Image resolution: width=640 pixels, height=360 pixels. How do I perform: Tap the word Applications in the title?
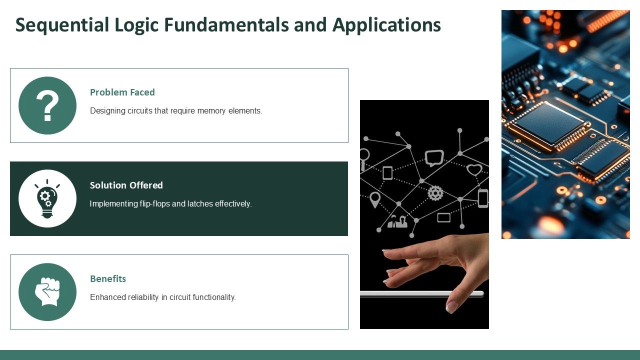click(x=386, y=25)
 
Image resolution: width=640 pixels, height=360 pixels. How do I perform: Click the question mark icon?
click(x=47, y=105)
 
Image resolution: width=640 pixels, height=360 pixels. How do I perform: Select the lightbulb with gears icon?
click(x=47, y=198)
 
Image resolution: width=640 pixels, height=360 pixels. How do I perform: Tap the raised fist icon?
click(x=47, y=292)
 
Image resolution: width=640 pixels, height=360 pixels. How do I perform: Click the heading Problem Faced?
click(x=122, y=92)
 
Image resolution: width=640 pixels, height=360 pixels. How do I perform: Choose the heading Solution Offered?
click(x=126, y=185)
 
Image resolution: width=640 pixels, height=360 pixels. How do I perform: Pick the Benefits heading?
click(x=108, y=278)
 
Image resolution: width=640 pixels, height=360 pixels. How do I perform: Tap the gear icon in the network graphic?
click(x=435, y=193)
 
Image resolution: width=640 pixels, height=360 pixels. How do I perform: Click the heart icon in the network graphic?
click(x=474, y=169)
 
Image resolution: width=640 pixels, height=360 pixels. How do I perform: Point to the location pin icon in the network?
click(x=375, y=199)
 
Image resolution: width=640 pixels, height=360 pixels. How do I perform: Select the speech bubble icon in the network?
click(x=434, y=157)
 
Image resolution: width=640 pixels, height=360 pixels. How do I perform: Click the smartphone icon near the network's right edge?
click(x=482, y=198)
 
